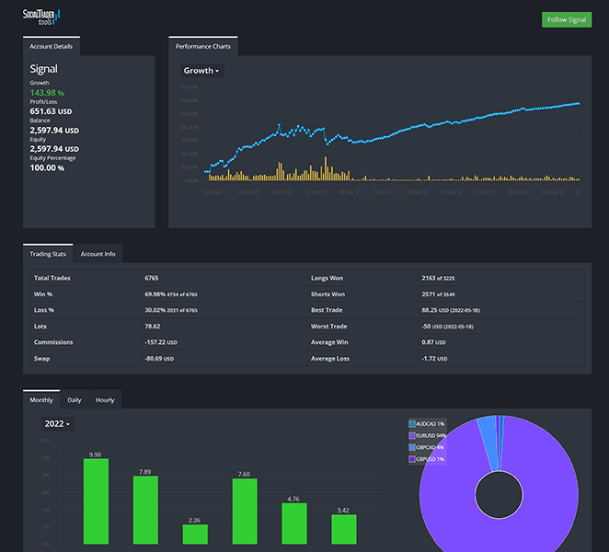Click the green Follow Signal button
[x=566, y=19]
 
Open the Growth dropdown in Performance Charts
[x=201, y=71]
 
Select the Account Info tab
[x=98, y=254]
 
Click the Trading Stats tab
[x=48, y=254]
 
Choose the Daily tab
[x=75, y=400]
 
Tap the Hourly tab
[x=105, y=400]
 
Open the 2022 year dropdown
[x=57, y=424]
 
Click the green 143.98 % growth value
[x=47, y=93]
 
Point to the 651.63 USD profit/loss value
[x=53, y=111]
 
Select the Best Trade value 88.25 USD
[x=436, y=311]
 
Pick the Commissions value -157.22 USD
[x=160, y=341]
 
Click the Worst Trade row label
[x=330, y=326]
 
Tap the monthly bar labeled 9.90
[x=96, y=501]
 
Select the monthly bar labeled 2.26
[x=195, y=535]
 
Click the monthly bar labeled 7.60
[x=245, y=512]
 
